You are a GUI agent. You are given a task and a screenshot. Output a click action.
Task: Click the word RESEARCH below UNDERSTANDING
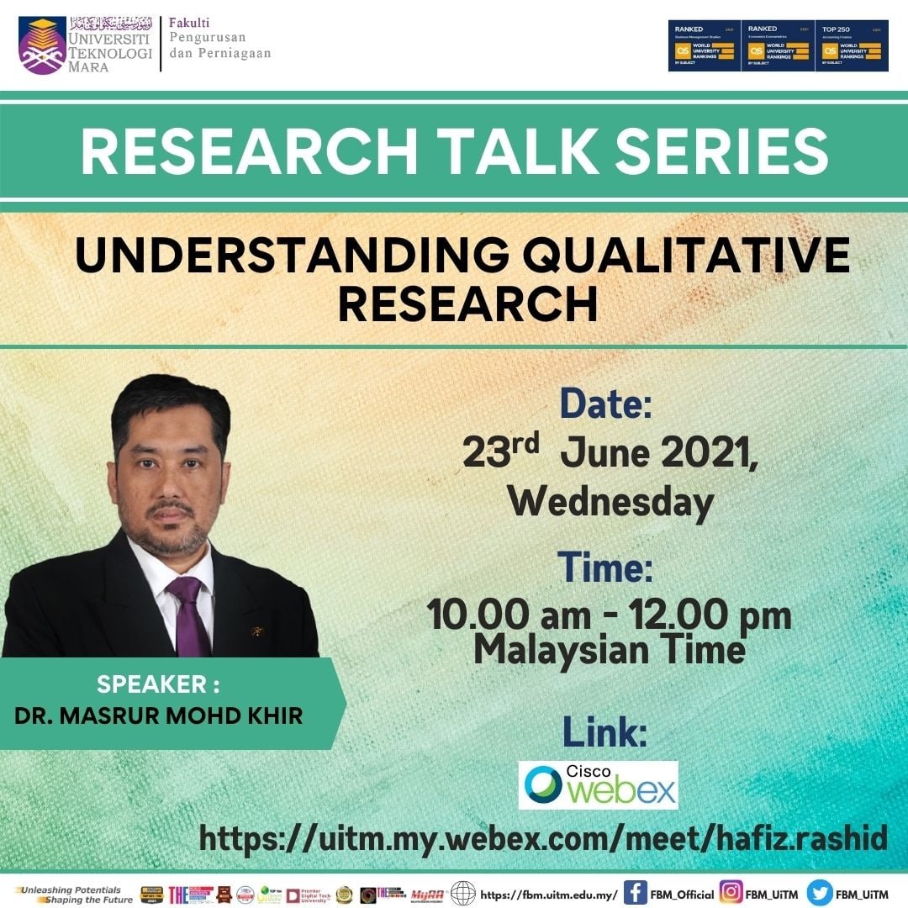pos(467,304)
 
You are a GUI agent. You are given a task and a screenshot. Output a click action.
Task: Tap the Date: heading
pos(605,405)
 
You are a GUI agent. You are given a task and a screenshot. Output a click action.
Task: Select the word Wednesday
pos(610,503)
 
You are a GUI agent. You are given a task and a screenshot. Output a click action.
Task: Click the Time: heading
pos(605,567)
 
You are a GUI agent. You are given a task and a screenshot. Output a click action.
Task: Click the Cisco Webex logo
pos(598,784)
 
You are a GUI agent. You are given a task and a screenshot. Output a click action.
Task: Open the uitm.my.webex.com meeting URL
pos(543,837)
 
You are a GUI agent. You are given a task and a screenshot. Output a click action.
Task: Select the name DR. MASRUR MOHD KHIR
pos(159,715)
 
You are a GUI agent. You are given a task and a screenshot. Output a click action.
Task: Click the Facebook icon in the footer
pos(635,893)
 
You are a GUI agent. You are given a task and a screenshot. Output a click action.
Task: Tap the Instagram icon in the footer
pos(731,893)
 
